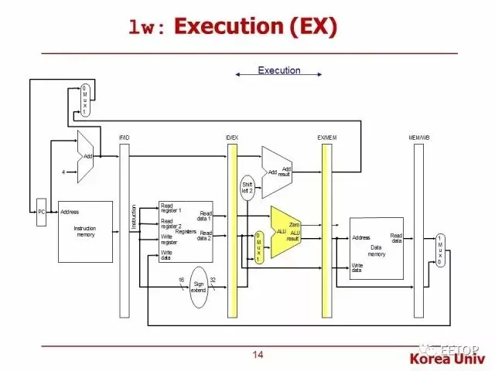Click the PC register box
pyautogui.click(x=42, y=211)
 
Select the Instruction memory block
pyautogui.click(x=84, y=231)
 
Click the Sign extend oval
pyautogui.click(x=199, y=287)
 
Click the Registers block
pyautogui.click(x=185, y=231)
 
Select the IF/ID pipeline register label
pyautogui.click(x=124, y=137)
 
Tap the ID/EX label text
pyautogui.click(x=231, y=137)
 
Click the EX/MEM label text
pyautogui.click(x=326, y=137)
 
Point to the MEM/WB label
pyautogui.click(x=418, y=137)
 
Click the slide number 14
pyautogui.click(x=258, y=355)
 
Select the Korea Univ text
pyautogui.click(x=447, y=359)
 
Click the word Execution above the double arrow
pyautogui.click(x=279, y=70)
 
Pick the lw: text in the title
pyautogui.click(x=147, y=29)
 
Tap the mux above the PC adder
pyautogui.click(x=86, y=100)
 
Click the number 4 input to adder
pyautogui.click(x=63, y=171)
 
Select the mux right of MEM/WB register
pyautogui.click(x=440, y=250)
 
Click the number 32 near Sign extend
pyautogui.click(x=213, y=279)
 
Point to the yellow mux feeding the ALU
pyautogui.click(x=260, y=247)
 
